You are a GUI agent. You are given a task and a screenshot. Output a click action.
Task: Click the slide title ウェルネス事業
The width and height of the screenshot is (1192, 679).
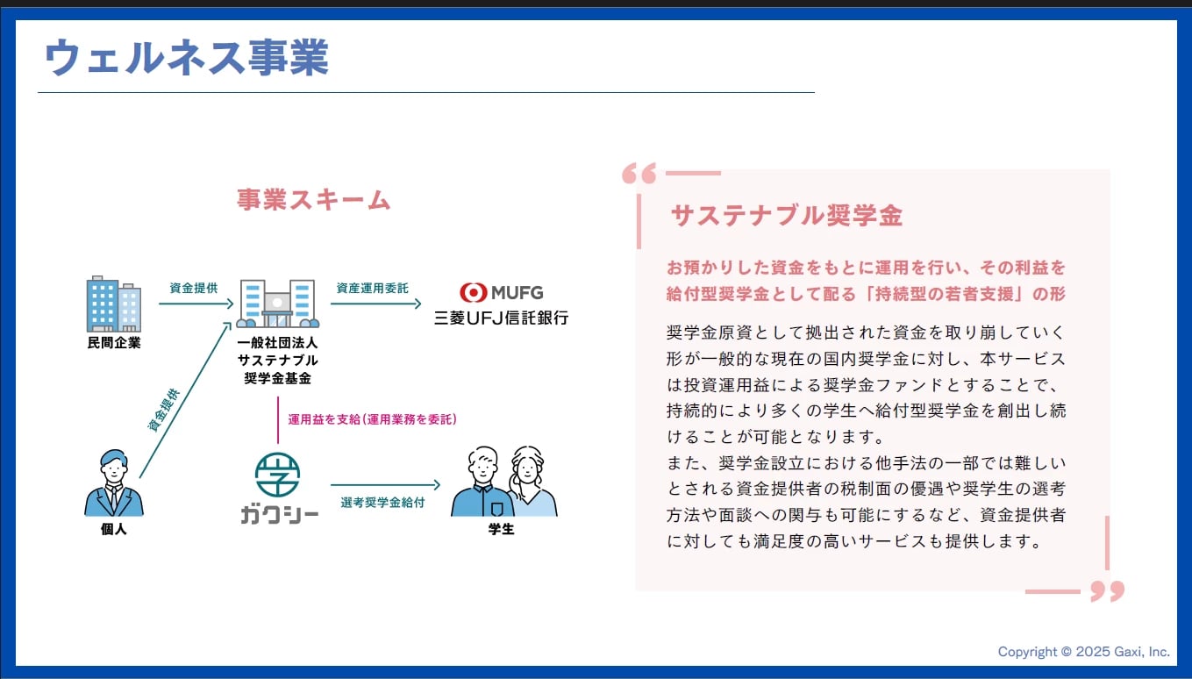pos(187,57)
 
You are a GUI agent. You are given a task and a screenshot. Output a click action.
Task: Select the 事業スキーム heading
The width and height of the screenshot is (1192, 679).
pos(313,199)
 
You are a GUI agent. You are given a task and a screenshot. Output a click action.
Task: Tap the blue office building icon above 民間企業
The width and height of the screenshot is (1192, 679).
pos(114,304)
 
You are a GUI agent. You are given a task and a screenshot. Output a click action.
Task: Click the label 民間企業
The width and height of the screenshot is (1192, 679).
pos(114,343)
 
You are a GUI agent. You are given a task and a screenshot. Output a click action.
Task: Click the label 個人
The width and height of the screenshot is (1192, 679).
pos(114,529)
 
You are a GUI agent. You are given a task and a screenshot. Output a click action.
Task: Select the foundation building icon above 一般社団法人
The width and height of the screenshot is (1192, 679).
pos(277,304)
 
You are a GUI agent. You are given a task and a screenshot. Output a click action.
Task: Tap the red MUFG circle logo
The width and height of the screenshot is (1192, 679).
pos(473,292)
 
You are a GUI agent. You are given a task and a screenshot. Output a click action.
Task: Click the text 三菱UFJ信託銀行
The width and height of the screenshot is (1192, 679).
pos(502,318)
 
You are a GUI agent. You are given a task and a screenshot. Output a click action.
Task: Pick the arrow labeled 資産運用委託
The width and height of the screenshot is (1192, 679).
pos(375,304)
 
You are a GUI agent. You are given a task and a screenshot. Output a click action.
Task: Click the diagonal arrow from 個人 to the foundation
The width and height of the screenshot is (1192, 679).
pos(185,400)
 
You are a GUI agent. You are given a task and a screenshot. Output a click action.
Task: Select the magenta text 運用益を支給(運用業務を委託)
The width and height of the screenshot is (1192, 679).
pos(372,419)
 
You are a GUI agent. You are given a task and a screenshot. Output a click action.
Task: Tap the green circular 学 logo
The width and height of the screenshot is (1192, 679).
pos(277,475)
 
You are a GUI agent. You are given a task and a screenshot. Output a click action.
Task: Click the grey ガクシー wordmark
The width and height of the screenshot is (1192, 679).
pos(280,515)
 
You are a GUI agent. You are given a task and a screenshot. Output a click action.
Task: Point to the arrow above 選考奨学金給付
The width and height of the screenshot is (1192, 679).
pos(385,485)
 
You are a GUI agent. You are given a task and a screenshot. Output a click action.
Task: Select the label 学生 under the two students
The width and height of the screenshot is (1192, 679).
pos(502,529)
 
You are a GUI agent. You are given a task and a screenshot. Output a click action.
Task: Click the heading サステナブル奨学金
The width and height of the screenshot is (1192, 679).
pos(787,216)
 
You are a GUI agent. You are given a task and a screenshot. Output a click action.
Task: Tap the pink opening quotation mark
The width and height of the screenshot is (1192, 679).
pos(639,174)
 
